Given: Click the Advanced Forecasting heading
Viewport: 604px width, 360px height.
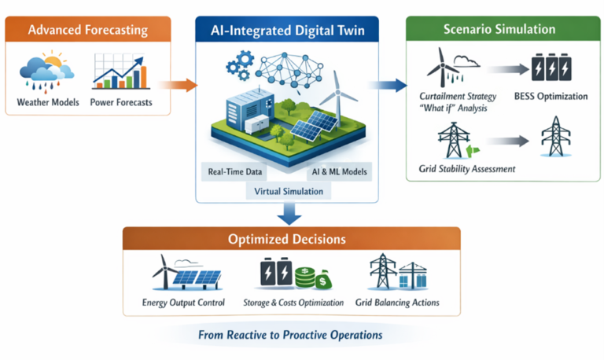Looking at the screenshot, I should point(87,31).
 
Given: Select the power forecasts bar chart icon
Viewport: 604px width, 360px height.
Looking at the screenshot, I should point(119,71).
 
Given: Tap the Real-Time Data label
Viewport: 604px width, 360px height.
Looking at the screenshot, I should point(235,171).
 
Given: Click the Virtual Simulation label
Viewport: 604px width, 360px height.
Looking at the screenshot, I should point(288,190).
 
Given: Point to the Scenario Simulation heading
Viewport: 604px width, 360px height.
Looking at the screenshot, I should point(499,30).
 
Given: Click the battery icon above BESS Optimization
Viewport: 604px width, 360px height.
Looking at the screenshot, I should point(553,68).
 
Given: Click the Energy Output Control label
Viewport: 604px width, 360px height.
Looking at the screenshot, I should point(183,303).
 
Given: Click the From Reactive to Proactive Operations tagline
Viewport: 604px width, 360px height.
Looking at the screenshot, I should point(290,335).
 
